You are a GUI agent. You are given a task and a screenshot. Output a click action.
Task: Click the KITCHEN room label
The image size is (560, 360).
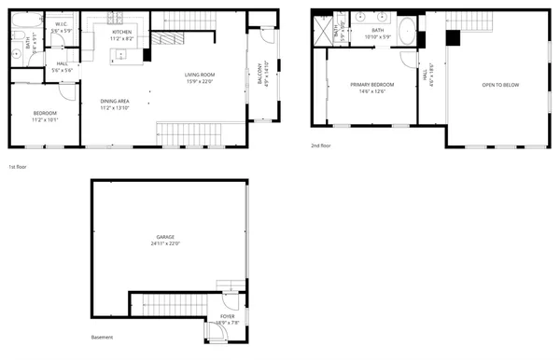point(122,32)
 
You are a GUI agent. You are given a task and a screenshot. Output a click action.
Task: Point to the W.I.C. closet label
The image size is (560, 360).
point(61,24)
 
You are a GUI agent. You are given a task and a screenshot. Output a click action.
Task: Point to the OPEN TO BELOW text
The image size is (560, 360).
point(500,84)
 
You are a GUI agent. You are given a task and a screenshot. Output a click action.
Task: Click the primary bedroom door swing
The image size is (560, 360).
point(409,59)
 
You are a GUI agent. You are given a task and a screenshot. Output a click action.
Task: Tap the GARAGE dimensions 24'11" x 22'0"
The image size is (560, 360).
point(164,243)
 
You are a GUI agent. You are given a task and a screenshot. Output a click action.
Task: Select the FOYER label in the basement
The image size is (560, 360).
point(227,317)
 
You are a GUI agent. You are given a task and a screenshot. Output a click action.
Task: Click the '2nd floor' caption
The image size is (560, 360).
point(321,145)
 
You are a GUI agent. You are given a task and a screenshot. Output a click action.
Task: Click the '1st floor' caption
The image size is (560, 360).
point(18,167)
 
